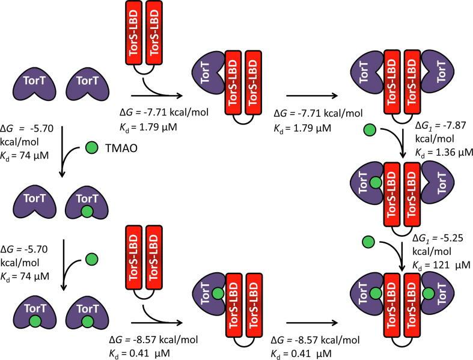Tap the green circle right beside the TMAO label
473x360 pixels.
click(x=93, y=147)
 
